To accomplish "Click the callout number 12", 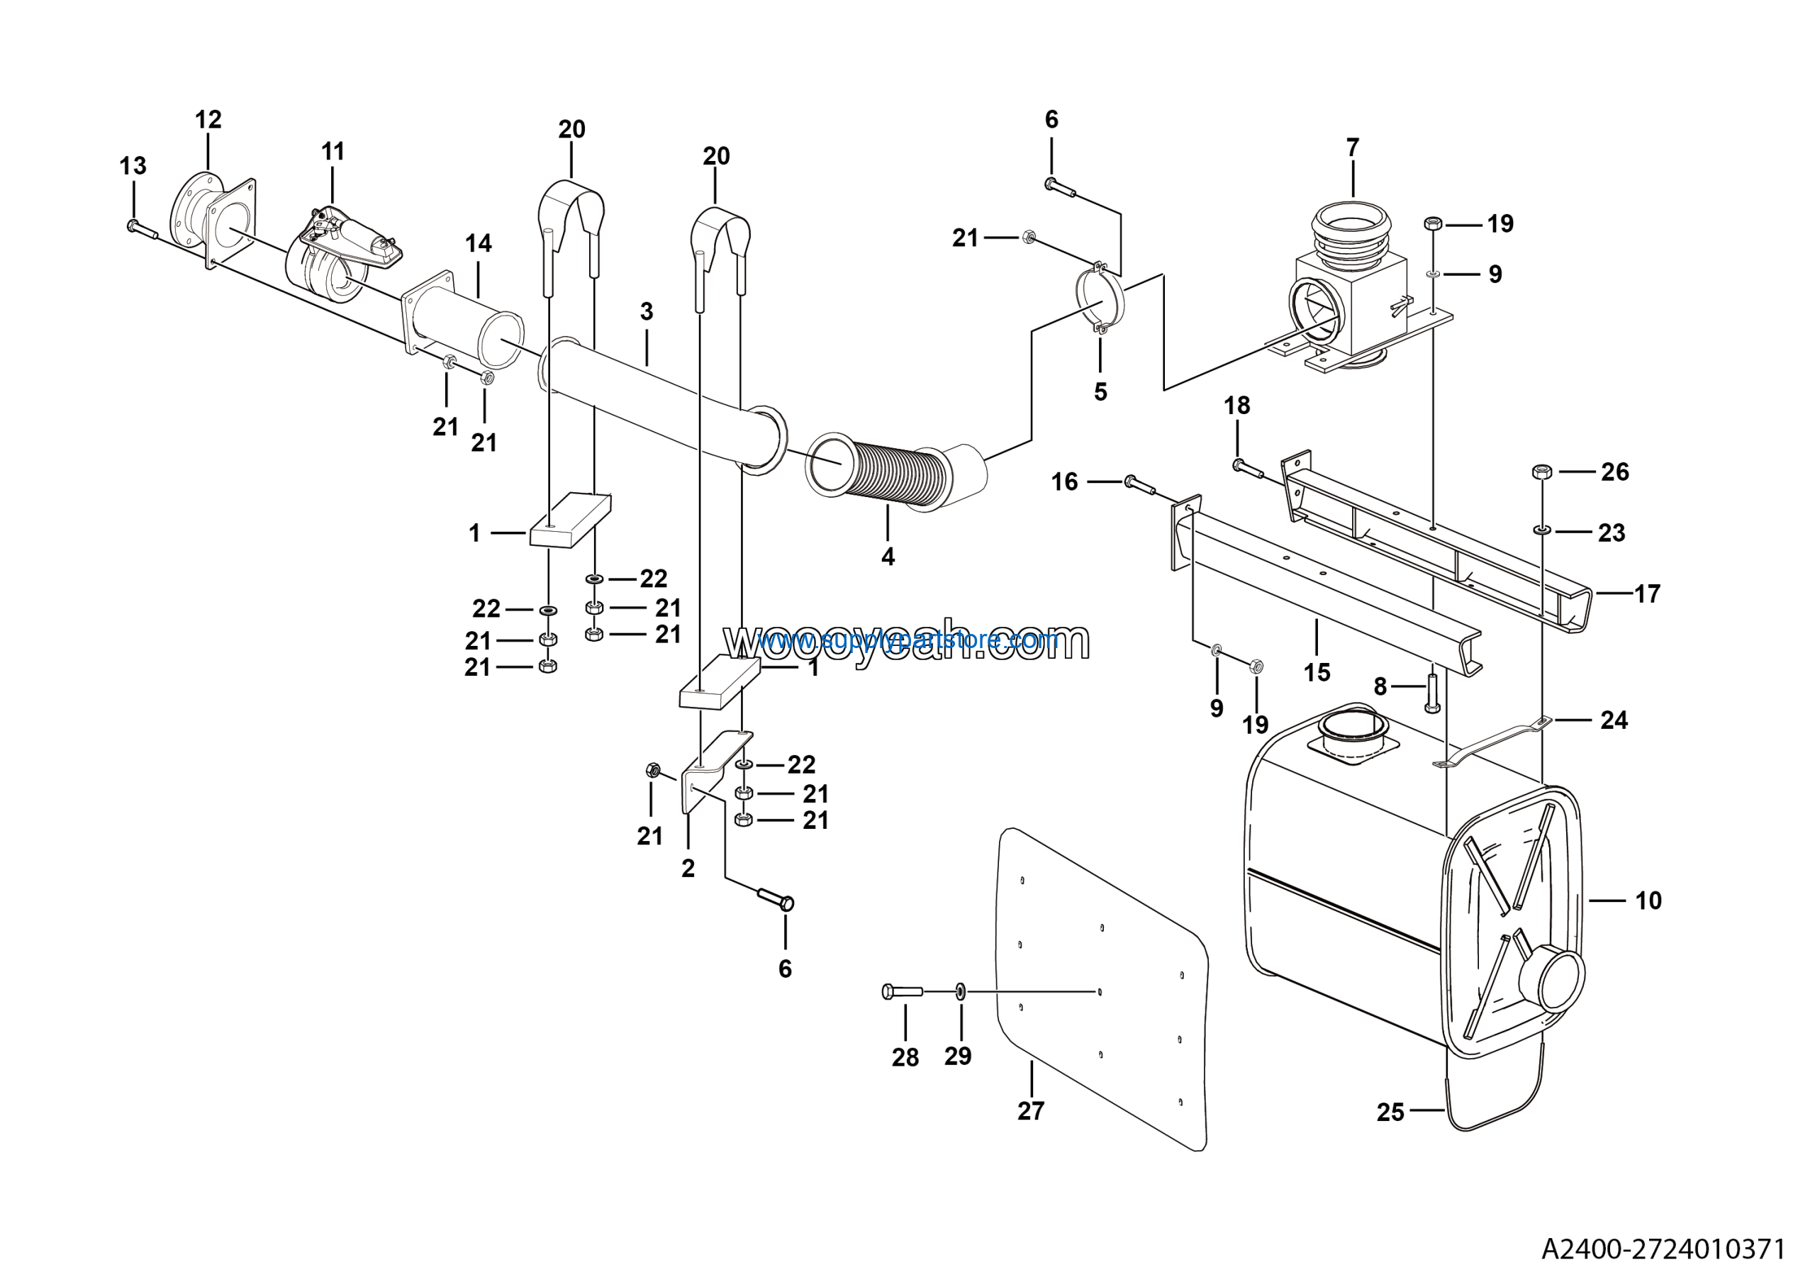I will (x=208, y=120).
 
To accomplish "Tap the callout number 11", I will (x=333, y=152).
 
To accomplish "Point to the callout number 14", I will (x=479, y=243).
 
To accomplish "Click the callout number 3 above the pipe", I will (x=647, y=311).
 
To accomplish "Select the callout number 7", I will (x=1353, y=147).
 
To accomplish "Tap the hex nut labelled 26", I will (x=1541, y=472).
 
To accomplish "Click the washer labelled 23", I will (x=1541, y=530).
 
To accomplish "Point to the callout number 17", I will (x=1648, y=593).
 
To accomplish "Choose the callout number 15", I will (x=1317, y=673).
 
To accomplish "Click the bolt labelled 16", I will (x=1139, y=484).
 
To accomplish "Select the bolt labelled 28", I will (x=902, y=991).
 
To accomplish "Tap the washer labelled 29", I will (x=961, y=991).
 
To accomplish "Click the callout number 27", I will (x=1031, y=1111).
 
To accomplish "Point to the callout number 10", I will (x=1648, y=901).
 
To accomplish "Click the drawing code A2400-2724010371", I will (x=1663, y=1249).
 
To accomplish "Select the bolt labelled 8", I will (x=1432, y=693).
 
